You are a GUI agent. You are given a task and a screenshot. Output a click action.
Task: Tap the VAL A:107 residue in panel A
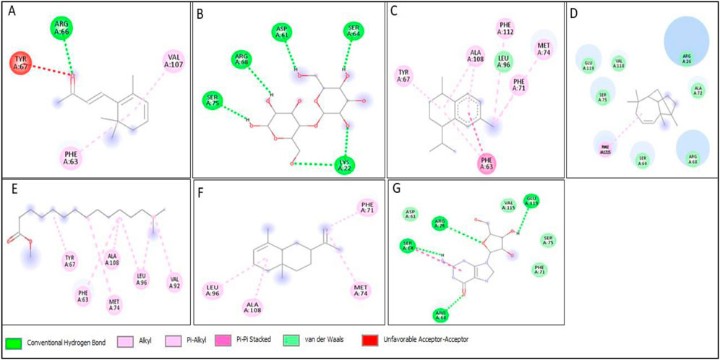pos(173,61)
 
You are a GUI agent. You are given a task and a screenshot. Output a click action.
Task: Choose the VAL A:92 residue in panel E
pos(175,280)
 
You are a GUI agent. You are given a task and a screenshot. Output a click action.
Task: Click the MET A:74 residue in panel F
pos(361,291)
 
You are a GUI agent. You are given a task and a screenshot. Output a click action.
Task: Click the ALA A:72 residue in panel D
pos(698,90)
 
